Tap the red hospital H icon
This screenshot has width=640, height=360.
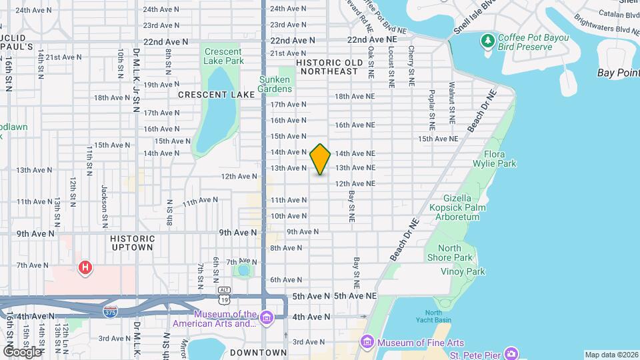click(x=85, y=269)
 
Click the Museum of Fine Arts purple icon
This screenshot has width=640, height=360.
click(x=367, y=343)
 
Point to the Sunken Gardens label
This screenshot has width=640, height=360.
click(x=275, y=84)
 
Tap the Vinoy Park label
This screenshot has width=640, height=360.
click(x=463, y=271)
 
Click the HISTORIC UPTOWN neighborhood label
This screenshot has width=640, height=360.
click(x=132, y=243)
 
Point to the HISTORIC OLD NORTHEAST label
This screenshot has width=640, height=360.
click(x=327, y=67)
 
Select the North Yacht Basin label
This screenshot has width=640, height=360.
click(x=433, y=317)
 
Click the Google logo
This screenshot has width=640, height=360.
click(x=22, y=351)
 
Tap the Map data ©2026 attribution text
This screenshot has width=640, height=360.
click(x=610, y=355)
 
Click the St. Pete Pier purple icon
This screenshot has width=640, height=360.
click(x=511, y=353)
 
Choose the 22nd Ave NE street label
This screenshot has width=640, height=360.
click(x=372, y=40)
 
